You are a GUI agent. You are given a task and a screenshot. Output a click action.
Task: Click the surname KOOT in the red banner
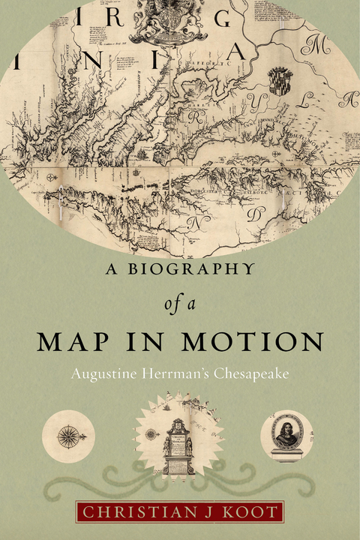click(255, 513)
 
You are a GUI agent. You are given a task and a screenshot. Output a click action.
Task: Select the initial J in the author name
click(206, 513)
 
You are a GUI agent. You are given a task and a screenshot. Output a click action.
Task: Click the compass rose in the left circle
click(67, 435)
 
